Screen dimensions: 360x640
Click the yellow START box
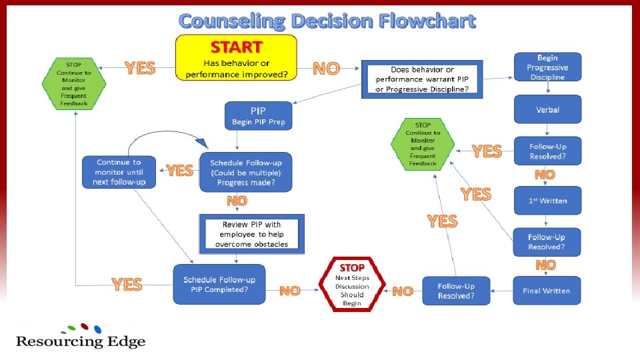[x=236, y=57]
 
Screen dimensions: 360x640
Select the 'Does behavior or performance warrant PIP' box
[x=422, y=80]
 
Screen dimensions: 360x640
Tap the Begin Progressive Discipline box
[x=547, y=67]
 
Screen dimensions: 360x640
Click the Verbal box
[x=547, y=109]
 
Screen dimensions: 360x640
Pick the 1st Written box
[x=547, y=201]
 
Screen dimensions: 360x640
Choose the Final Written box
[x=547, y=291]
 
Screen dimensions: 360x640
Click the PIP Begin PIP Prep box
[x=258, y=115]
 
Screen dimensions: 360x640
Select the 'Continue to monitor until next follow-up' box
[x=119, y=172]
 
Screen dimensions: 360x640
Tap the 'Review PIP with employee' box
[x=251, y=235]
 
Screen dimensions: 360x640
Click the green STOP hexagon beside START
[x=74, y=84]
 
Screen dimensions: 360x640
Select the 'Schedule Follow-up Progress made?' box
[x=246, y=172]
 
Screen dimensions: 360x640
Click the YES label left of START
[x=140, y=68]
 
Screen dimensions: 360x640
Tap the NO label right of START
[x=326, y=68]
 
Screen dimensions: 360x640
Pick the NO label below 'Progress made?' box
[x=237, y=201]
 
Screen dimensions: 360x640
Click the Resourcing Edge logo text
[x=81, y=341]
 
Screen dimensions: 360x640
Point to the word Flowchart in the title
[x=428, y=21]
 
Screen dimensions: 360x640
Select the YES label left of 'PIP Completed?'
[x=127, y=285]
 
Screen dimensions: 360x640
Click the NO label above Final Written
[x=545, y=265]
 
